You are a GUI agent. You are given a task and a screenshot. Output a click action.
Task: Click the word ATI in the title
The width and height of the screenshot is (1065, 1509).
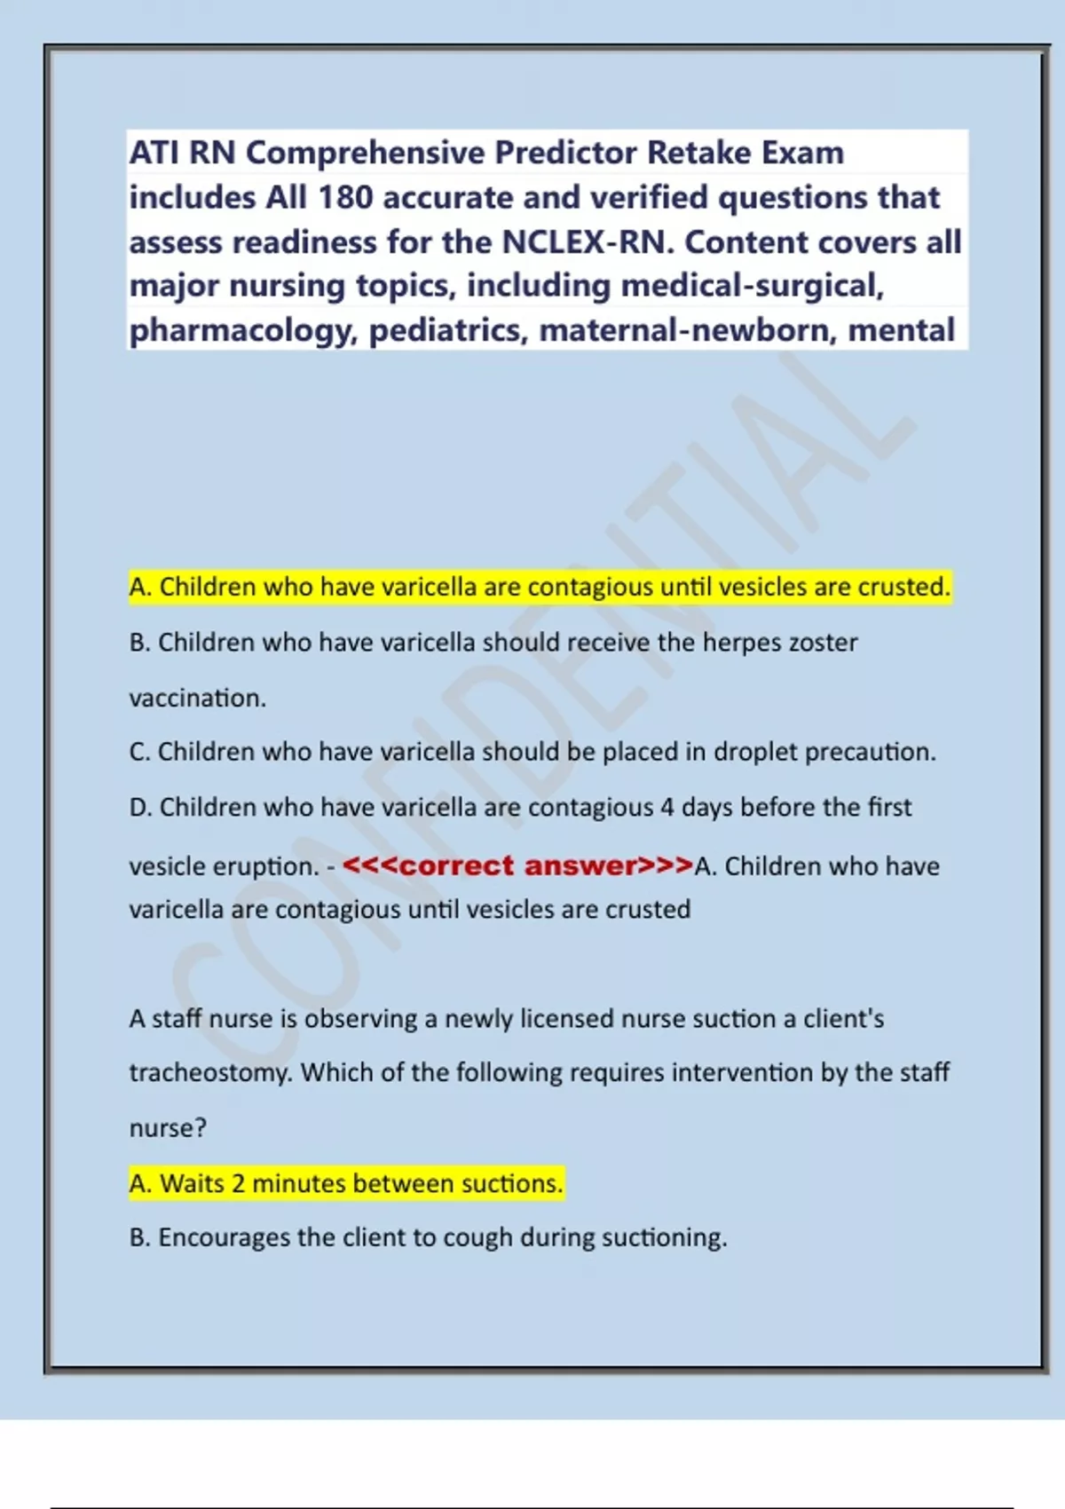pyautogui.click(x=154, y=153)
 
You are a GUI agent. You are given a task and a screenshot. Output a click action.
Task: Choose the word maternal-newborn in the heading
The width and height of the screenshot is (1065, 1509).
pyautogui.click(x=688, y=330)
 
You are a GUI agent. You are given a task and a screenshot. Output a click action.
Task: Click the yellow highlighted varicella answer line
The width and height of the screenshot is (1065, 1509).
pyautogui.click(x=540, y=587)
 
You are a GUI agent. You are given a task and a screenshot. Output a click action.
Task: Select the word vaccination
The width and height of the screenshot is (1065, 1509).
pyautogui.click(x=197, y=698)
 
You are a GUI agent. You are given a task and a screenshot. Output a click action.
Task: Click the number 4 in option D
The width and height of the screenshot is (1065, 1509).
pyautogui.click(x=667, y=807)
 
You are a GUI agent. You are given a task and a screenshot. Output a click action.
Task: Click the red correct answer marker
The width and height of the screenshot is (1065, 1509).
pyautogui.click(x=517, y=865)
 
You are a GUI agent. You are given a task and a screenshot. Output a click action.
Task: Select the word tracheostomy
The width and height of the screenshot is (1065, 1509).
pyautogui.click(x=210, y=1072)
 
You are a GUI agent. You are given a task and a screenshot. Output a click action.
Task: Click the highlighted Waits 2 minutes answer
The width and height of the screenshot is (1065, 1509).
pyautogui.click(x=346, y=1183)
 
